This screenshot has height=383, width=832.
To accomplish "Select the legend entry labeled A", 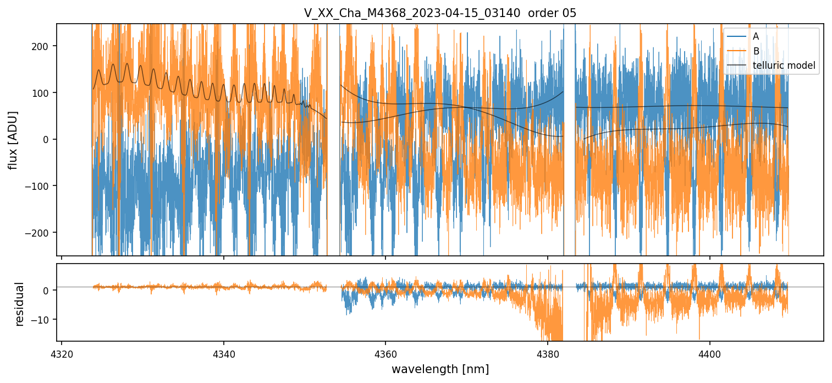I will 756,36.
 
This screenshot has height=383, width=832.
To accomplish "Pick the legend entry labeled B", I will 756,51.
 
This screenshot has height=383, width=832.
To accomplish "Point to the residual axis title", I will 19,304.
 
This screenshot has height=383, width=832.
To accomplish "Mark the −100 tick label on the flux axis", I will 38,186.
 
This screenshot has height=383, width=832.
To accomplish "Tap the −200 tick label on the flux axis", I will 38,233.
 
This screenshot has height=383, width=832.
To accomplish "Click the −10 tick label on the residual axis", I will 42,320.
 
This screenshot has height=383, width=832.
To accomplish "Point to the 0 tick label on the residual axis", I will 46,291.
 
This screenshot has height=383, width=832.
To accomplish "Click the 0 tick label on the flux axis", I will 46,140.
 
